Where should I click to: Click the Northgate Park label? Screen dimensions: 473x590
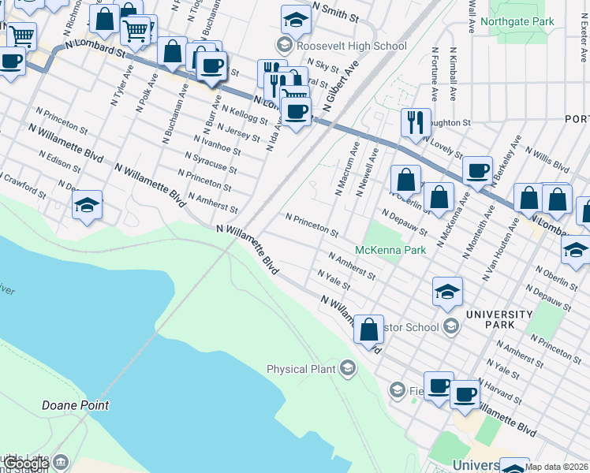coord(521,22)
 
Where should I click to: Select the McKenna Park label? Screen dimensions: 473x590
coord(390,250)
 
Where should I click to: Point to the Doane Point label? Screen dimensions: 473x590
coord(75,405)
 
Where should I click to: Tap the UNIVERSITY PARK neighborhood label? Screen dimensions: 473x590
coord(500,319)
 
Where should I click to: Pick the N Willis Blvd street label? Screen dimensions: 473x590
coord(547,158)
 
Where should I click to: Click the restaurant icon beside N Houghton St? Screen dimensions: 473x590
coord(415,122)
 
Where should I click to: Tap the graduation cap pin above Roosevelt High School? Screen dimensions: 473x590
coord(296,19)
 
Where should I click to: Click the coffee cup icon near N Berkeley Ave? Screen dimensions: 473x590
coord(477,169)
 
